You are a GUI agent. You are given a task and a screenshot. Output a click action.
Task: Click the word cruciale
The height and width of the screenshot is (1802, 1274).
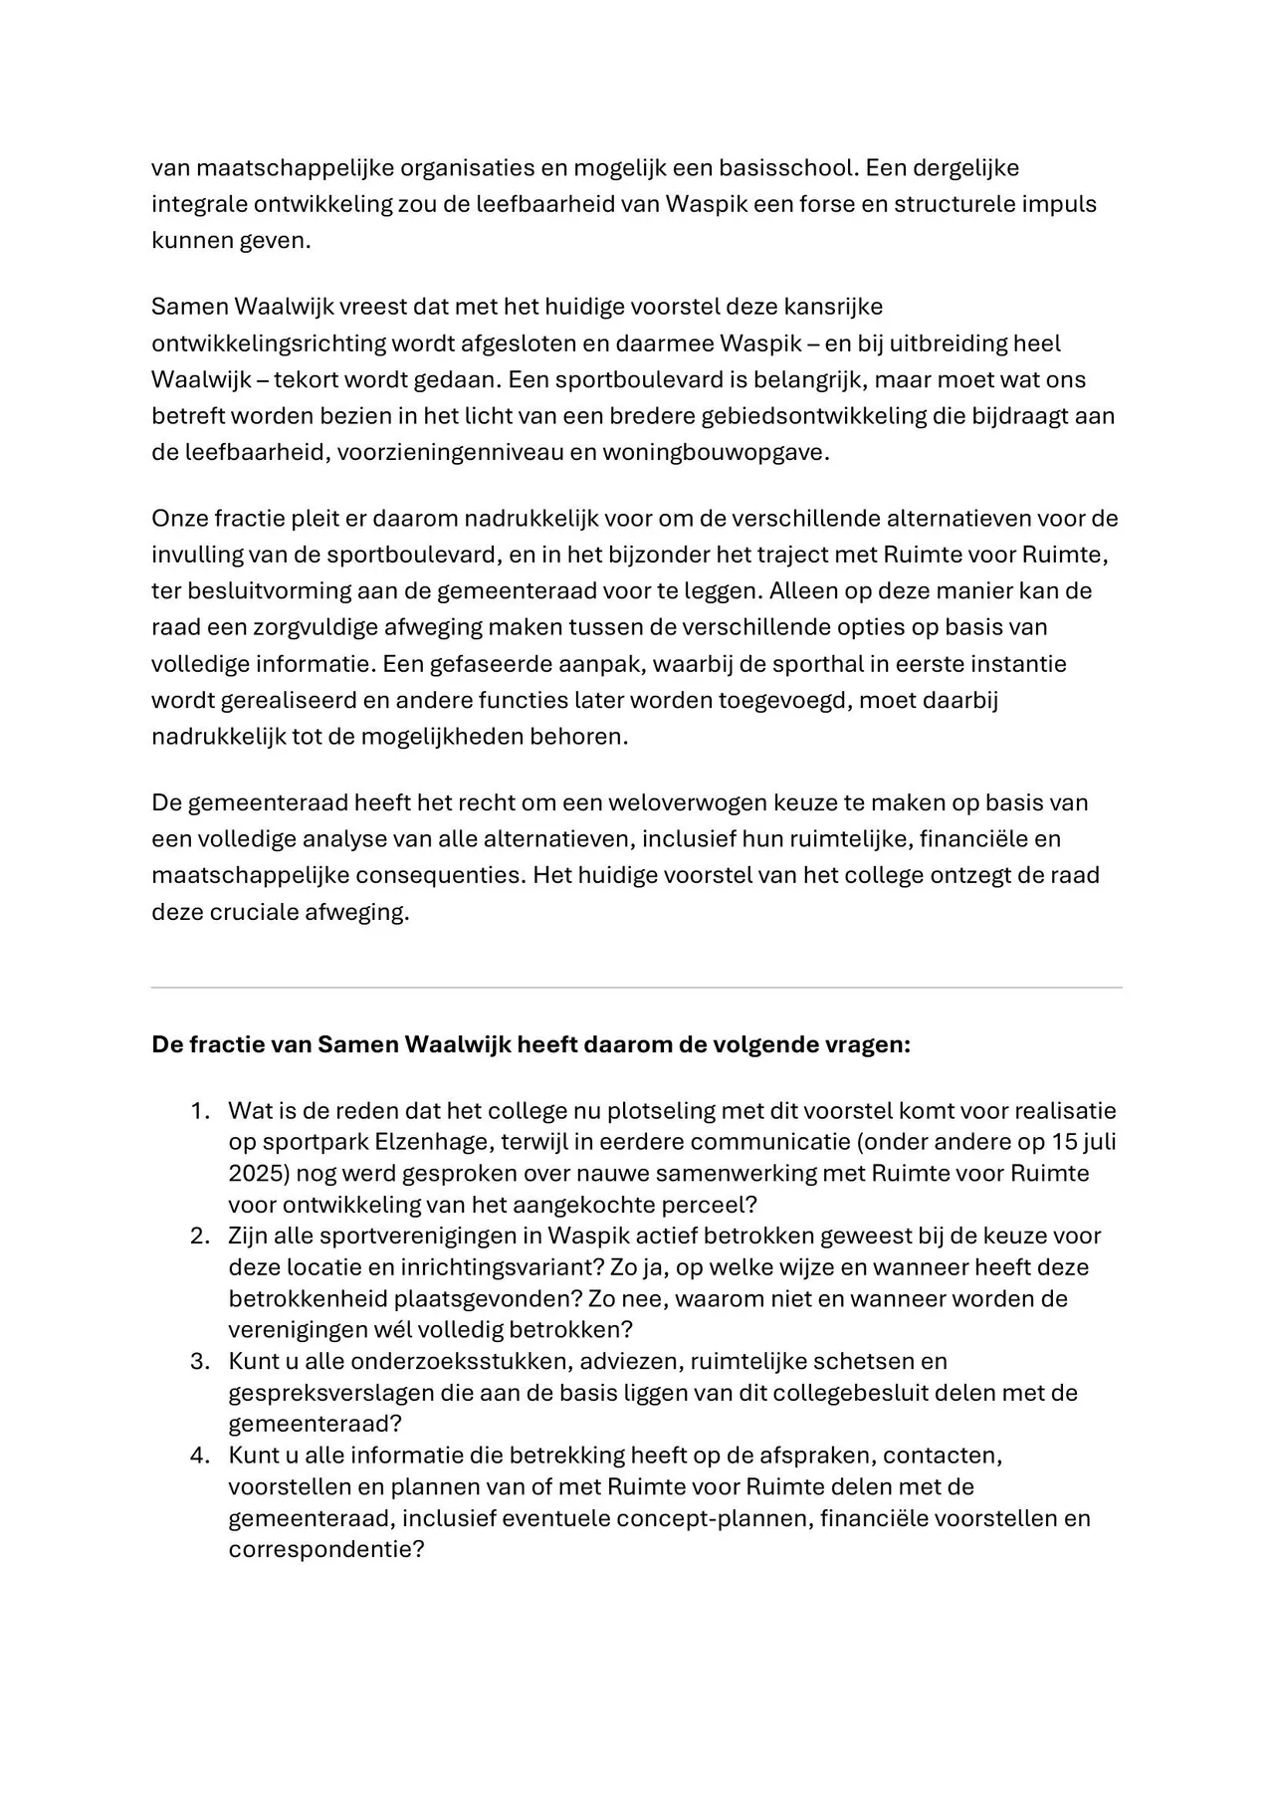coord(261,912)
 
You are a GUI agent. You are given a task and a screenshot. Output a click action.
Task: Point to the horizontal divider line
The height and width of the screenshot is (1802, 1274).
coord(637,988)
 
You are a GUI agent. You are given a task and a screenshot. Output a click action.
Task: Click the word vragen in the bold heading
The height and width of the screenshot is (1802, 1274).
coord(867,1045)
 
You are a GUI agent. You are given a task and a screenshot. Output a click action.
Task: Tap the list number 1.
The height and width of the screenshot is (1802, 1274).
coord(200,1111)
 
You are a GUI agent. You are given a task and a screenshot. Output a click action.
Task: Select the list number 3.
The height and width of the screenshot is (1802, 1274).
coord(200,1361)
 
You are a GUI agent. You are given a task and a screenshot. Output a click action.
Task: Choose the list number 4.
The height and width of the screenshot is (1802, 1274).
coord(200,1456)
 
